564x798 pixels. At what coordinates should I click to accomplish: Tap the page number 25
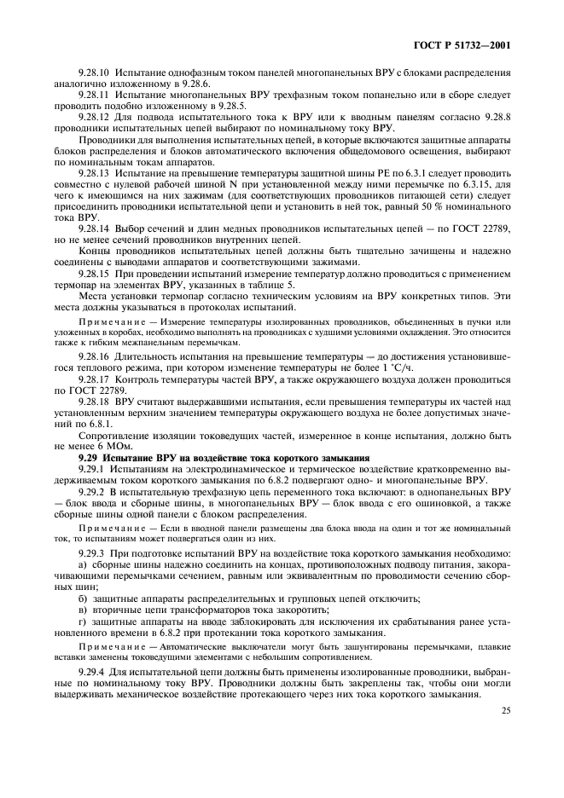[x=506, y=708]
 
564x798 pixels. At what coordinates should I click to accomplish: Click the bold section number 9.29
[x=89, y=458]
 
